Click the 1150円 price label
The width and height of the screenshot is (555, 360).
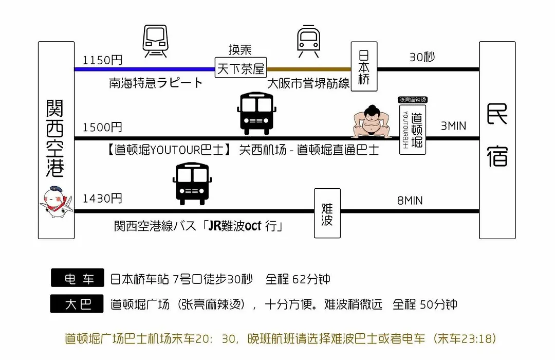pos(102,60)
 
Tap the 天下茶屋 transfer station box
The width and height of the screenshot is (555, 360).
pos(240,68)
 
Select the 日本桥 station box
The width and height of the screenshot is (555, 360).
pos(364,67)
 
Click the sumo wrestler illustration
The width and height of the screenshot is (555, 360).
pos(372,121)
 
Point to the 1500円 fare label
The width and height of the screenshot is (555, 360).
pos(102,127)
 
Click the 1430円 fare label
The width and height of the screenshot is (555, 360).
pos(102,199)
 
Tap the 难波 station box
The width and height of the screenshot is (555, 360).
pos(327,213)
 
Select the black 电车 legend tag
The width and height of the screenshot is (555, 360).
pos(78,278)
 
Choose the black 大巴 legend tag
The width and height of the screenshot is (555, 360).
pos(77,303)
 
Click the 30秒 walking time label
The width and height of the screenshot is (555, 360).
pos(422,57)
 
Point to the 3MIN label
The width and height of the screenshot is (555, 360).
pos(453,126)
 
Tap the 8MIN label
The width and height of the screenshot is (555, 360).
pos(410,201)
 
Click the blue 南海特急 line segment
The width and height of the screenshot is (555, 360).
pos(145,69)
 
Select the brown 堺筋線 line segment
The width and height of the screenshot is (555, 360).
pos(309,69)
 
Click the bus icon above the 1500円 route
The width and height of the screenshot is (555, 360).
pos(256,113)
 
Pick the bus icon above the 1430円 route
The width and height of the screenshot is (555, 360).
pos(192,184)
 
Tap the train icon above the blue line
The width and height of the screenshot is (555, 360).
pos(155,41)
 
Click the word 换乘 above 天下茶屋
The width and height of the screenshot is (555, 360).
pos(240,49)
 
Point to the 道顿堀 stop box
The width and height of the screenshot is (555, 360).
pos(413,130)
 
